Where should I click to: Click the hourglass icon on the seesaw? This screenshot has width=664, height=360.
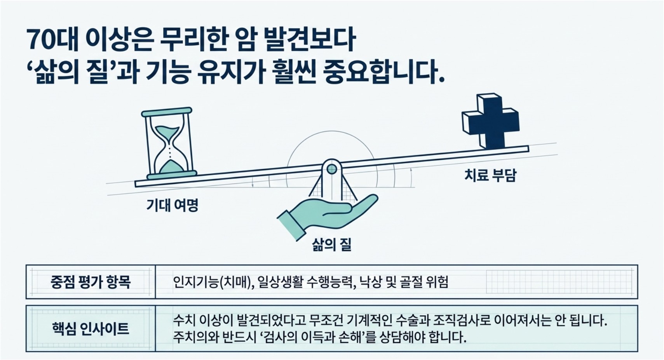click(x=169, y=144)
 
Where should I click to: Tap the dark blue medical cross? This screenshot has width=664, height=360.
click(x=491, y=121)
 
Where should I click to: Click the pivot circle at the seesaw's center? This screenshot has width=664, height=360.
click(x=332, y=169)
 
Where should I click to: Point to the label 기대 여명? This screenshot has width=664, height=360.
click(x=172, y=205)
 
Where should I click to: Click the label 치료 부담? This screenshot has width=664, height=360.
click(x=490, y=175)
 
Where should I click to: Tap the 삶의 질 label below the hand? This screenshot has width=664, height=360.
click(x=332, y=245)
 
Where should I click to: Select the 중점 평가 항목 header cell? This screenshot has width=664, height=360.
click(x=91, y=282)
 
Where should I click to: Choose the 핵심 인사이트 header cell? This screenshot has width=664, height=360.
click(x=91, y=329)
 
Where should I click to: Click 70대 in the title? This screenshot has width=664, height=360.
click(x=52, y=40)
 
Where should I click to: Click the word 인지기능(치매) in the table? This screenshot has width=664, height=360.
click(x=212, y=282)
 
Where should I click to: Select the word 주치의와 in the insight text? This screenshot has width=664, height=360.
click(x=193, y=337)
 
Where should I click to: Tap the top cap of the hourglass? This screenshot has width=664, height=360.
click(x=167, y=112)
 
